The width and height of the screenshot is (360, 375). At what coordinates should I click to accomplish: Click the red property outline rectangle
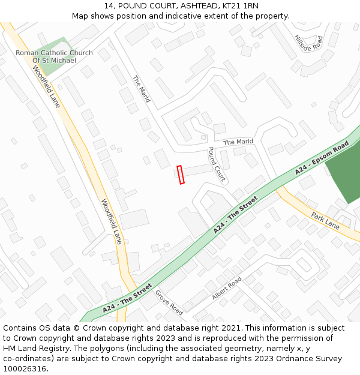pyautogui.click(x=181, y=175)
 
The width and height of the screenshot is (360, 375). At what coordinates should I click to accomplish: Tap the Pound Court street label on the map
pyautogui.click(x=216, y=164)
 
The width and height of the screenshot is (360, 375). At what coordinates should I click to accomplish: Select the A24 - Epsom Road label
pyautogui.click(x=322, y=158)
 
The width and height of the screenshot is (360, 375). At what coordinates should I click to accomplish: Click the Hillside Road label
pyautogui.click(x=308, y=43)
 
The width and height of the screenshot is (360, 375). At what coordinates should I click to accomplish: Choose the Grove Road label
pyautogui.click(x=169, y=302)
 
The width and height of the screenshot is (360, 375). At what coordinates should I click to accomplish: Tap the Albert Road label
pyautogui.click(x=226, y=289)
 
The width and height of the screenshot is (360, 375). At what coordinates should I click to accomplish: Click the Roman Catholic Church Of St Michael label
pyautogui.click(x=54, y=57)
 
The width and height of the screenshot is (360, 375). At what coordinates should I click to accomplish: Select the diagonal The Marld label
pyautogui.click(x=141, y=89)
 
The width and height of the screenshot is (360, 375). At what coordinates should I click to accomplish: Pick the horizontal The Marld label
pyautogui.click(x=238, y=142)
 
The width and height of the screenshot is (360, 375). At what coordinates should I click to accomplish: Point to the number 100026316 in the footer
pyautogui.click(x=25, y=368)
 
